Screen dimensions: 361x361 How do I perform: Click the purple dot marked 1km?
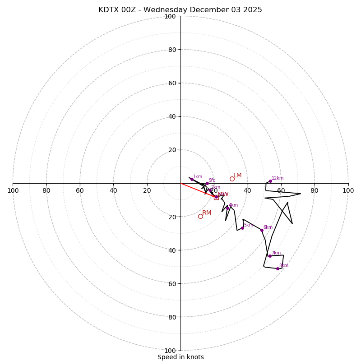(192, 179)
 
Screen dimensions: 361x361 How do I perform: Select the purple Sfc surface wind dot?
(207, 184)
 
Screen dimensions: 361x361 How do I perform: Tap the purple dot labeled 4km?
(227, 208)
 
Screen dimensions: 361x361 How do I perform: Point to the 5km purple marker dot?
(242, 228)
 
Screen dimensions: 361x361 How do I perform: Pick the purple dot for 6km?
(262, 230)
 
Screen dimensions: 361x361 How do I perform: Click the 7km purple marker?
(270, 256)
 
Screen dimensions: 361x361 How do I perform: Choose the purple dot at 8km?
(278, 268)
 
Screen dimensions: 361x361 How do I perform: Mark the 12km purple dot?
(270, 181)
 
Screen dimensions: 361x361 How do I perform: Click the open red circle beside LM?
(232, 179)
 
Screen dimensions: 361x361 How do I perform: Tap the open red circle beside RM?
(200, 217)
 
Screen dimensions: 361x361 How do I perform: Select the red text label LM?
(237, 175)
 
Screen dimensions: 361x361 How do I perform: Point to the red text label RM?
(207, 213)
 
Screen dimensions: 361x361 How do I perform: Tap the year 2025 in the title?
(253, 10)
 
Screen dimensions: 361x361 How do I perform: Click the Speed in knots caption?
(180, 357)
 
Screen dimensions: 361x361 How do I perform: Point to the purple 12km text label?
(278, 178)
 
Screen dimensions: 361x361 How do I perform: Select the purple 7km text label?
(276, 253)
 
